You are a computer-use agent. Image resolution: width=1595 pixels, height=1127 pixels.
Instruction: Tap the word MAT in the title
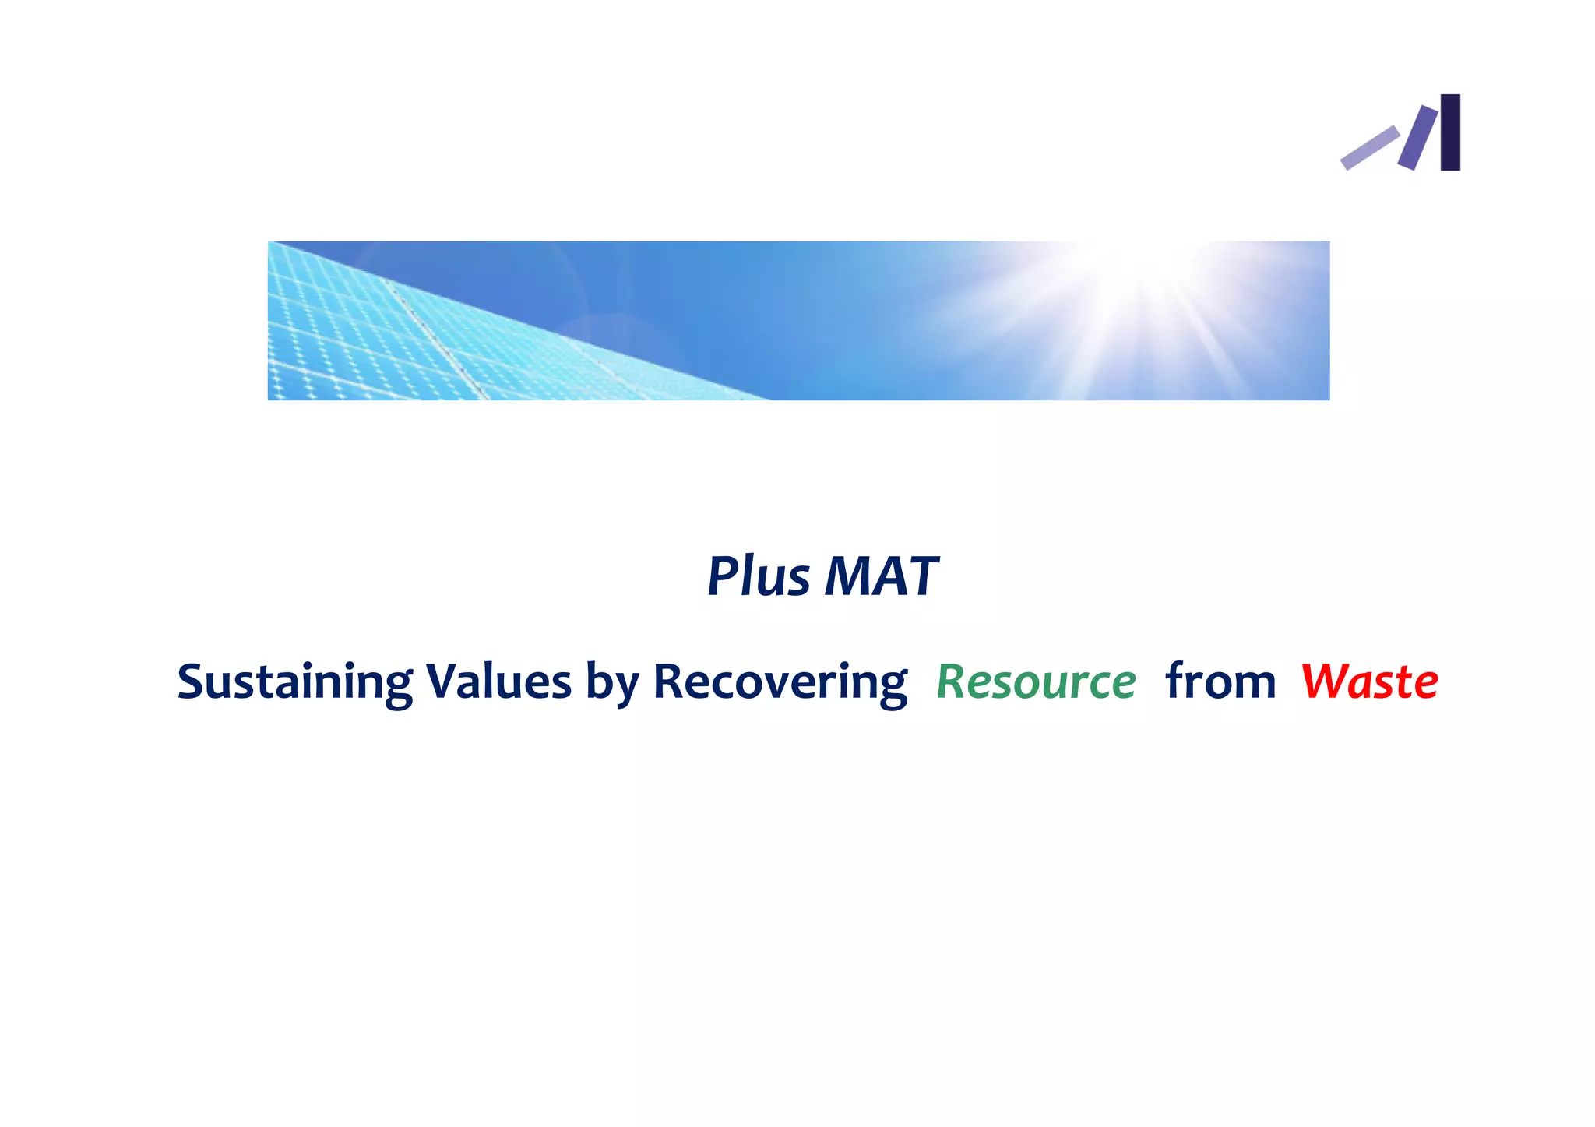[x=881, y=577]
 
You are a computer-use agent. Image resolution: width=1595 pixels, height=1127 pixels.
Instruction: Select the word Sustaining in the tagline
[x=294, y=682]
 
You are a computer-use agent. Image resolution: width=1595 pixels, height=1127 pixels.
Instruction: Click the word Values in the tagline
[x=498, y=681]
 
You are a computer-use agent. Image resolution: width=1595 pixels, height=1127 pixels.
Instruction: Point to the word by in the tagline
[x=612, y=683]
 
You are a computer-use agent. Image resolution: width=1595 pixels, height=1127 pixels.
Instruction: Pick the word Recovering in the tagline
[x=780, y=682]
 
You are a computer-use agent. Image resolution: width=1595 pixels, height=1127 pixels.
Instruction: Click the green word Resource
[x=1036, y=682]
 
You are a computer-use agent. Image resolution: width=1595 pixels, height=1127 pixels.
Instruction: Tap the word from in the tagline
[x=1220, y=681]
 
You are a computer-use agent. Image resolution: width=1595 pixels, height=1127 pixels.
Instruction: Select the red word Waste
[x=1369, y=681]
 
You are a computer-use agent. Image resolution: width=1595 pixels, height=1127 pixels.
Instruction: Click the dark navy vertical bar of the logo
[x=1449, y=132]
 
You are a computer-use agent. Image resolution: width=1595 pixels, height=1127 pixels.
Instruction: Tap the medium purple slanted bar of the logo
[x=1417, y=138]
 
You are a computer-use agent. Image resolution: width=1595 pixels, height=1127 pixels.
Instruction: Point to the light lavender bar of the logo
[x=1369, y=147]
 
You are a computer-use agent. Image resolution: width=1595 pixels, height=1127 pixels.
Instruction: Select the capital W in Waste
[x=1326, y=681]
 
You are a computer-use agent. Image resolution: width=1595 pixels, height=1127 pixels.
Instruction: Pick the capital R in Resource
[x=951, y=682]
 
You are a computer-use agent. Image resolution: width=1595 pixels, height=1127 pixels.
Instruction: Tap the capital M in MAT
[x=847, y=577]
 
